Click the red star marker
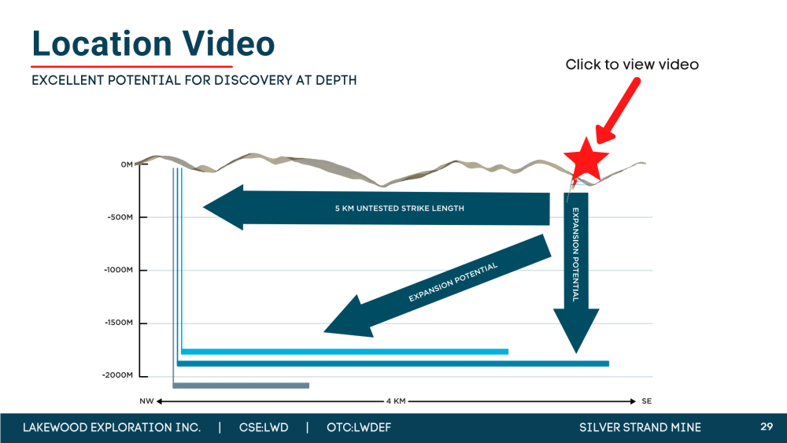point(586,160)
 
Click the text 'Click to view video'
point(632,65)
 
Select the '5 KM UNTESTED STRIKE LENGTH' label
point(400,209)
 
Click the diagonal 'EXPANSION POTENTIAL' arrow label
point(453,282)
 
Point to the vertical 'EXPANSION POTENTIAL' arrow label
point(576,254)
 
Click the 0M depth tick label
point(127,164)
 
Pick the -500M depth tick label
point(120,217)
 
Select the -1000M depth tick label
point(119,270)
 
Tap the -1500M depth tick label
point(119,323)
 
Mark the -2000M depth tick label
point(118,375)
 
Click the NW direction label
point(146,401)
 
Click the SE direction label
point(646,401)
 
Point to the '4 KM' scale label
point(396,401)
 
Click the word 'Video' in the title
point(228,43)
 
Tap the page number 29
point(767,426)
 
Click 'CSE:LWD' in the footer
point(264,427)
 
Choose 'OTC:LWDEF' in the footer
point(358,427)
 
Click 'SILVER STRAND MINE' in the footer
point(640,427)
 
